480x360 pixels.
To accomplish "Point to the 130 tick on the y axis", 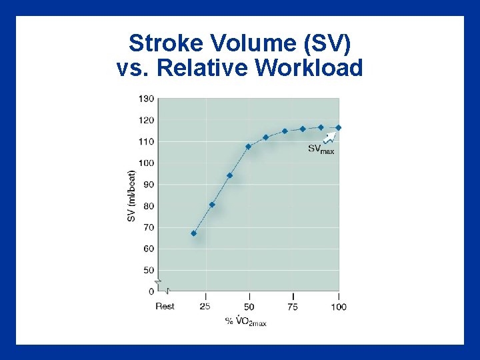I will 146,99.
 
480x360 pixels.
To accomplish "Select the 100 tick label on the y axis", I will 146,163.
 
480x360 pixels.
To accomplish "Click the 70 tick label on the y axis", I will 148,227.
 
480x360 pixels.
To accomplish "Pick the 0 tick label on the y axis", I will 151,291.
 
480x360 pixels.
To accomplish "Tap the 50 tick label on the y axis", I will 148,270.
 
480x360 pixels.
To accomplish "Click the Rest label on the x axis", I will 165,306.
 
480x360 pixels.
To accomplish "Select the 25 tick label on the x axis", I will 205,306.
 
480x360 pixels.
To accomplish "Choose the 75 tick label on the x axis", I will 293,306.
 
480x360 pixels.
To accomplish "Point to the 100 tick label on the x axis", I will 338,306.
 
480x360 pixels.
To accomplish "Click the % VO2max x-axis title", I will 246,322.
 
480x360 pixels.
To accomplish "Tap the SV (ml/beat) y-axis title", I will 132,195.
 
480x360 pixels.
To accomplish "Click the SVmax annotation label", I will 321,149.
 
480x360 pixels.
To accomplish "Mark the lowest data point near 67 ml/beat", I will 193,233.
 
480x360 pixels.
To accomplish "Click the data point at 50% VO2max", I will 248,147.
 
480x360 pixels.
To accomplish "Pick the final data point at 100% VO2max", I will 338,127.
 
